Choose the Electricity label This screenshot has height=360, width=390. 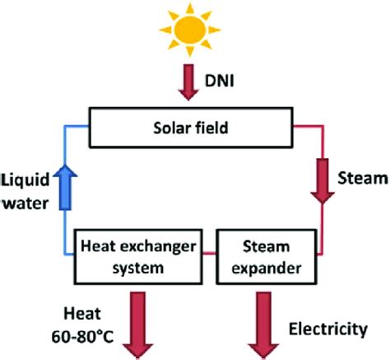327,330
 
